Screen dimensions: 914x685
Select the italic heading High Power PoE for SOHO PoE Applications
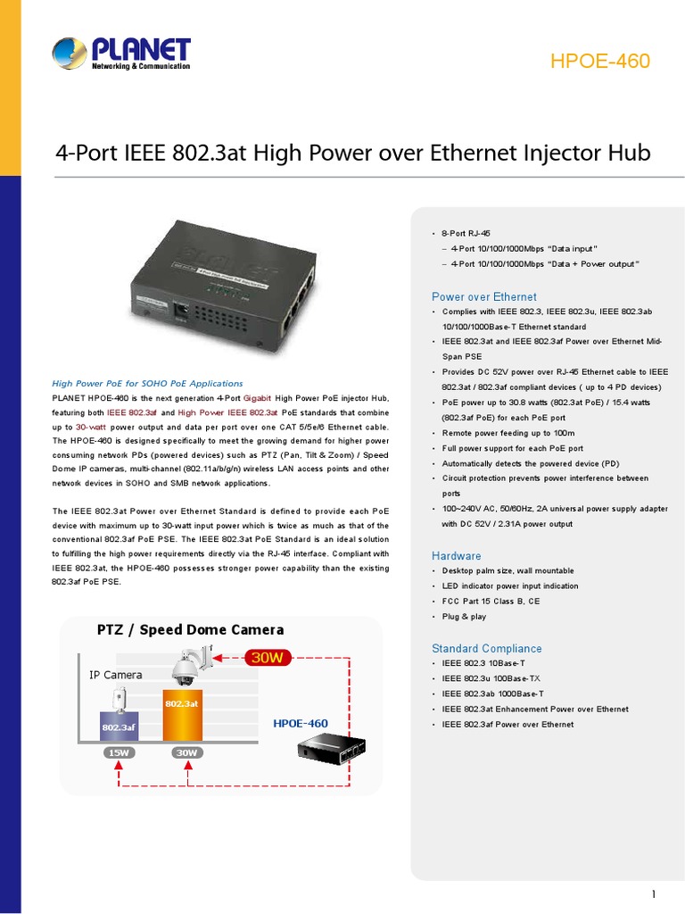pos(147,383)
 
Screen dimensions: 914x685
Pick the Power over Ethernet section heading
pos(483,296)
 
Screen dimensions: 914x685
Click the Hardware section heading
pos(456,555)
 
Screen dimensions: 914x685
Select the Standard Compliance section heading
pos(486,648)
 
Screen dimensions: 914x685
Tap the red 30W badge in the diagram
pos(268,658)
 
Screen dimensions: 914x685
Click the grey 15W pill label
pos(118,752)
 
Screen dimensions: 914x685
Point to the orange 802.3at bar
pos(181,714)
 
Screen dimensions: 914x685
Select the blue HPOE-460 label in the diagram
pos(301,723)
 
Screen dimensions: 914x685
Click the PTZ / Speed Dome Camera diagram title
pos(190,630)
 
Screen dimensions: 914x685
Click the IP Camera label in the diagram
pos(116,675)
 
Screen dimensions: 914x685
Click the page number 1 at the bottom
pos(654,894)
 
